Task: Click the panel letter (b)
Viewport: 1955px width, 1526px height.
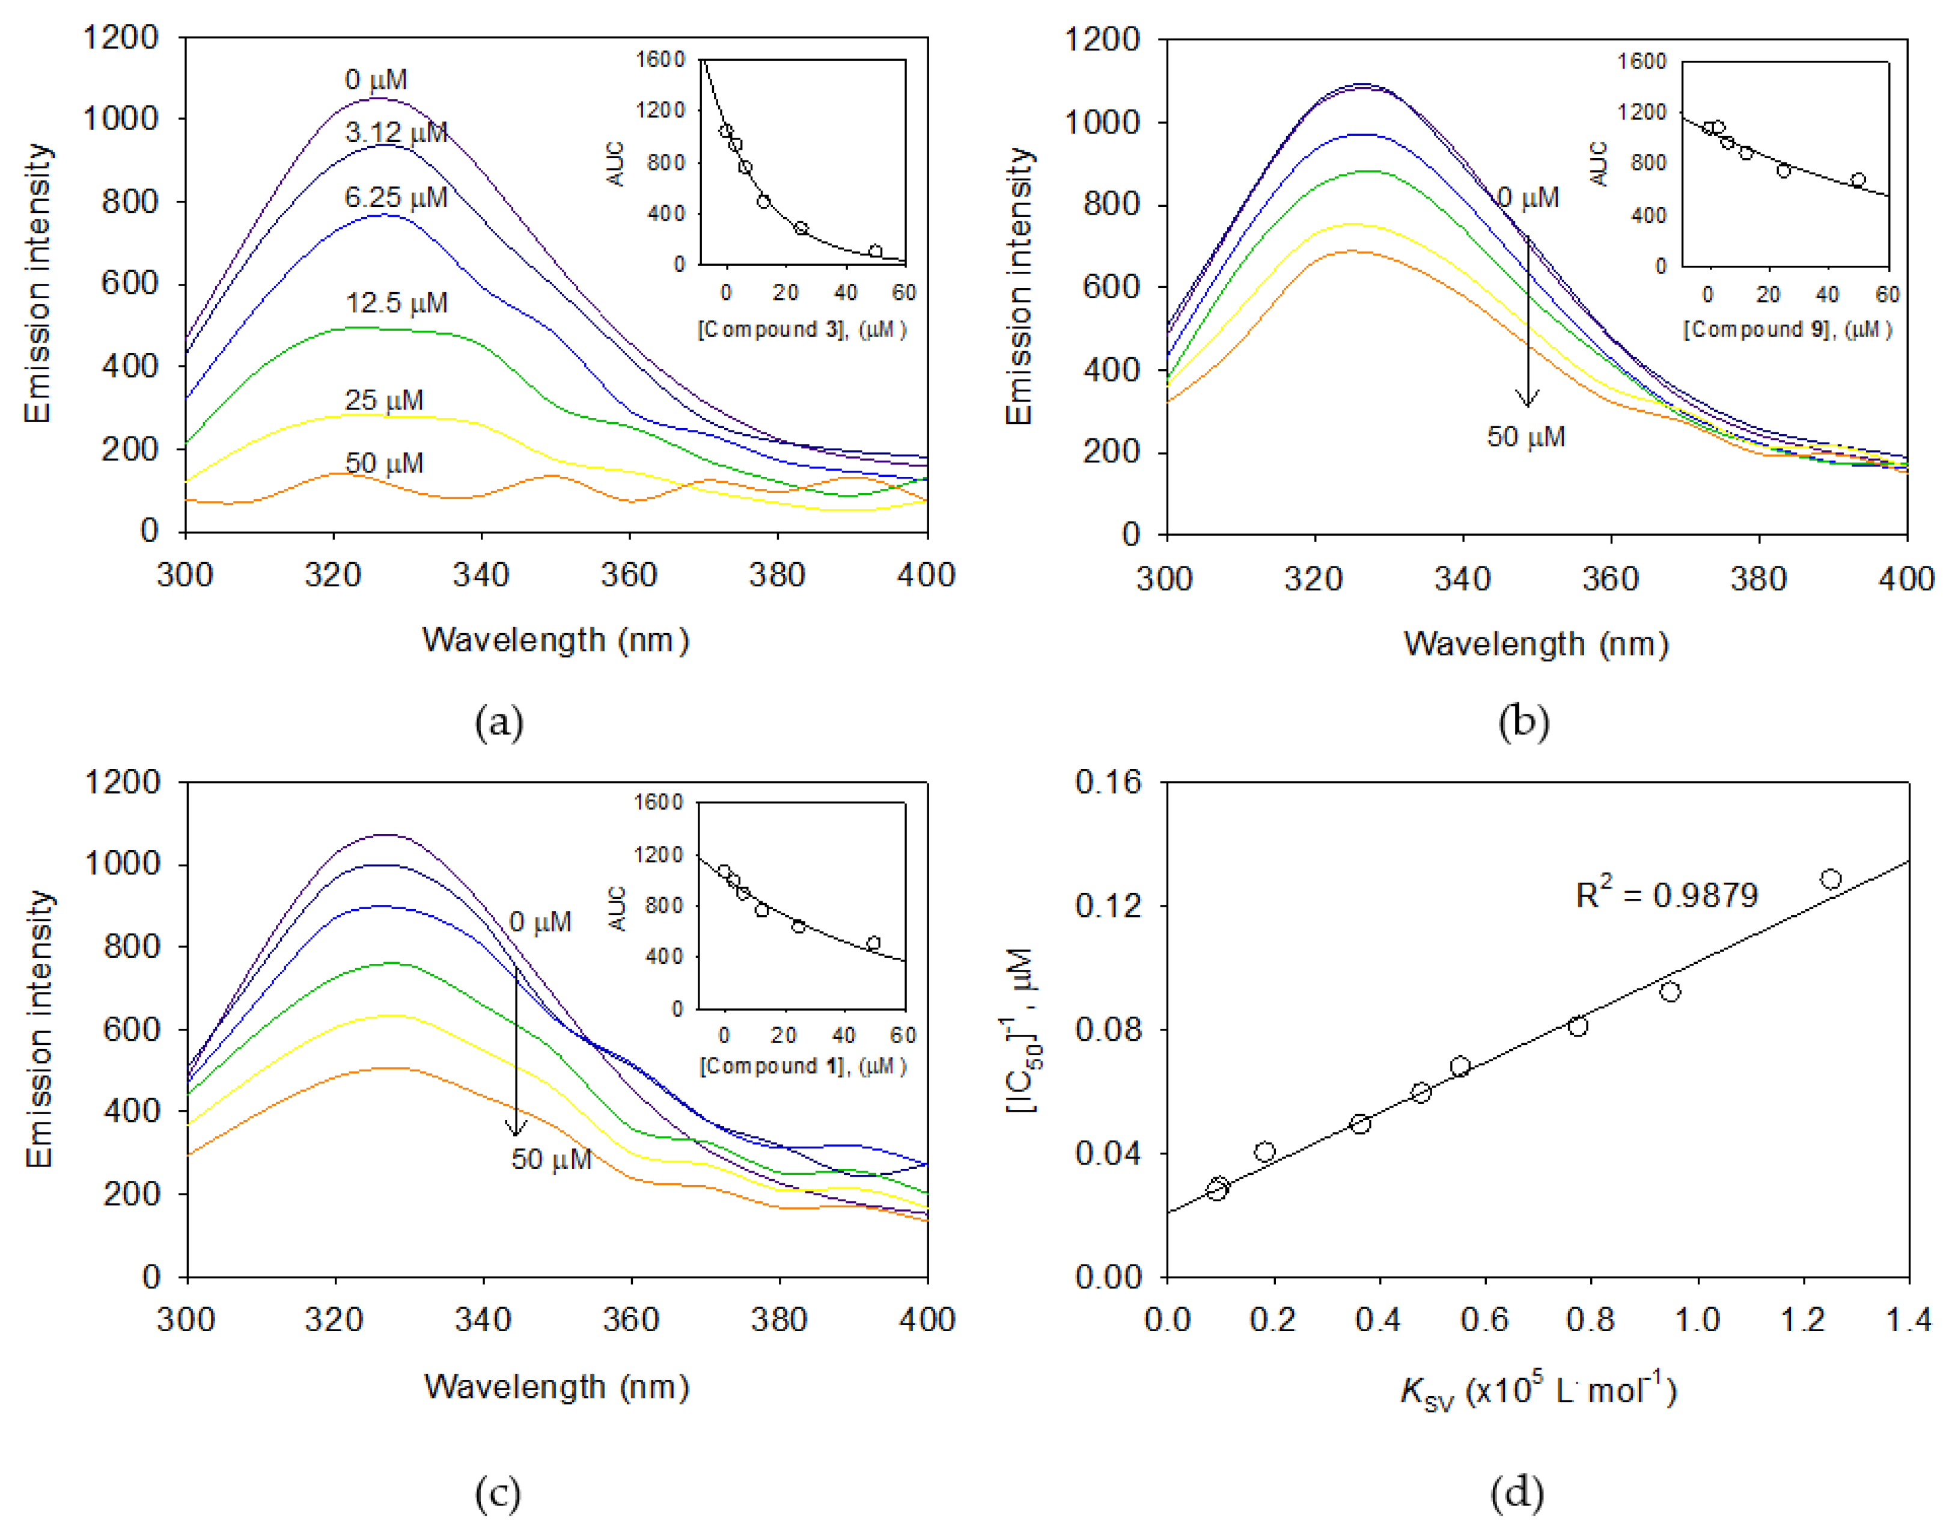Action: [x=1523, y=722]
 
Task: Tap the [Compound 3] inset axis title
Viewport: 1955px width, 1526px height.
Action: [x=802, y=329]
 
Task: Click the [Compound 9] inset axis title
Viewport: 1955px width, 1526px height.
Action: [x=1787, y=329]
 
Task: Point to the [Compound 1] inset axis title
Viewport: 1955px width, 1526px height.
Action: [x=802, y=1065]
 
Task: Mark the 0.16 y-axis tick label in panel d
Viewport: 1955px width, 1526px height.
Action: [x=1108, y=783]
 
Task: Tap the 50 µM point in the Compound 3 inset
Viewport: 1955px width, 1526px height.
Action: [x=876, y=252]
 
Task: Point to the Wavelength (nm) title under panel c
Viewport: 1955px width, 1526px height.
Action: [x=556, y=1387]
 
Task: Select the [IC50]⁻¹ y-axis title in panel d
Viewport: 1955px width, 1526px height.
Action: [x=1022, y=1030]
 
